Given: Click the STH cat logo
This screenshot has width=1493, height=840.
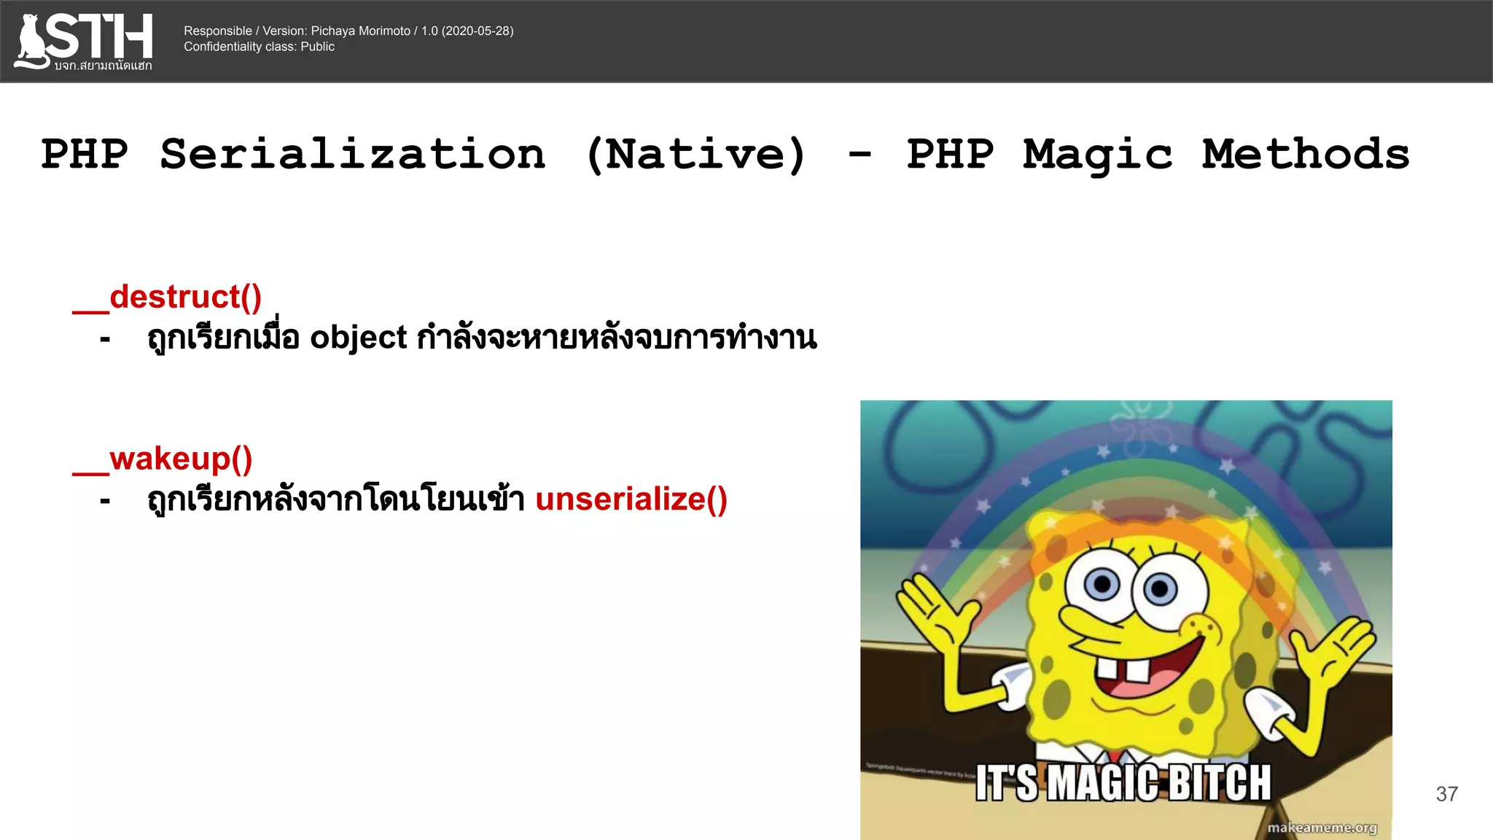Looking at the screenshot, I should coord(83,41).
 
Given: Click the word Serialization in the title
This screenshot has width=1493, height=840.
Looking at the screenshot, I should coord(353,155).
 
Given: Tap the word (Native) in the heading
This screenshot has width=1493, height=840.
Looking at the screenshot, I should coord(696,155).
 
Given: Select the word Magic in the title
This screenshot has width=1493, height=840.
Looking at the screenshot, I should coord(1097,155).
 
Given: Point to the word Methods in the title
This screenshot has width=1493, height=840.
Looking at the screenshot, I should coord(1305,155).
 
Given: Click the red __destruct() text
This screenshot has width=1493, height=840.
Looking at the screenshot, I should coord(168,297).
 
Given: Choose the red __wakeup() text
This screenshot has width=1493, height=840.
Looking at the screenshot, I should coord(163,459).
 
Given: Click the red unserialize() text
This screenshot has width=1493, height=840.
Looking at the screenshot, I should coord(631,500).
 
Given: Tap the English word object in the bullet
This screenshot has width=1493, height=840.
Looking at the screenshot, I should coord(358,338).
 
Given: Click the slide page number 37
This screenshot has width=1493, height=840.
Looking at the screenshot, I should coord(1446,794).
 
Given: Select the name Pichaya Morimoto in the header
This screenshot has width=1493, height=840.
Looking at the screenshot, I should coord(361,31).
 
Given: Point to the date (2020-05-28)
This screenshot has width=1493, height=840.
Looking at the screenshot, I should coord(477,31).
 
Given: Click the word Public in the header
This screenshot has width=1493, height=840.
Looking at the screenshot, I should coord(318,47).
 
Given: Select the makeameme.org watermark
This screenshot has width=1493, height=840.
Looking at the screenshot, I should coord(1322,828).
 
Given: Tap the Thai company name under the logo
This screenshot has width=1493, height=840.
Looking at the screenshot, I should coord(103,66).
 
